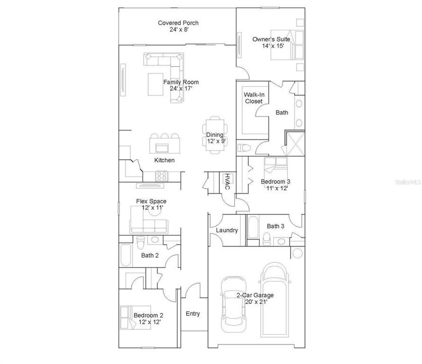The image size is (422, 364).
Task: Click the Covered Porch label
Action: [x=178, y=23]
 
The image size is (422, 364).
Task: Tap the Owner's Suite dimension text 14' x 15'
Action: [x=273, y=46]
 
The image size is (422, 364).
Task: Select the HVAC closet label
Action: [x=227, y=181]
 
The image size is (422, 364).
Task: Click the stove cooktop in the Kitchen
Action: [x=162, y=176]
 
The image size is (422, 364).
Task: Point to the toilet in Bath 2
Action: [x=140, y=243]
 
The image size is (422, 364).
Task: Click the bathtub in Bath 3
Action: [x=253, y=227]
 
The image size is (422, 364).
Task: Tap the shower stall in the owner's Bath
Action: [x=295, y=143]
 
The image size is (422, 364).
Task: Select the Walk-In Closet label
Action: [x=254, y=98]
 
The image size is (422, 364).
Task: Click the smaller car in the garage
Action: [x=233, y=304]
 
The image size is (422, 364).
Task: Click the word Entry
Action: [x=193, y=313]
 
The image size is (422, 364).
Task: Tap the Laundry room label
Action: [x=227, y=230]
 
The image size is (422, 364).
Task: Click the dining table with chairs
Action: [x=215, y=135]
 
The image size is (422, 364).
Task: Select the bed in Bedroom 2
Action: [x=135, y=317]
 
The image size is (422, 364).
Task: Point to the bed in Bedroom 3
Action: [x=275, y=166]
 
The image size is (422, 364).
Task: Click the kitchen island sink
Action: [x=162, y=148]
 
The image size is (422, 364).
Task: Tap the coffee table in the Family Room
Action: [x=156, y=84]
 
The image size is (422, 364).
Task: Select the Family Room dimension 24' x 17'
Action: [x=181, y=88]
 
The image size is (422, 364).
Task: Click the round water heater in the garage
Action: [x=297, y=253]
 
